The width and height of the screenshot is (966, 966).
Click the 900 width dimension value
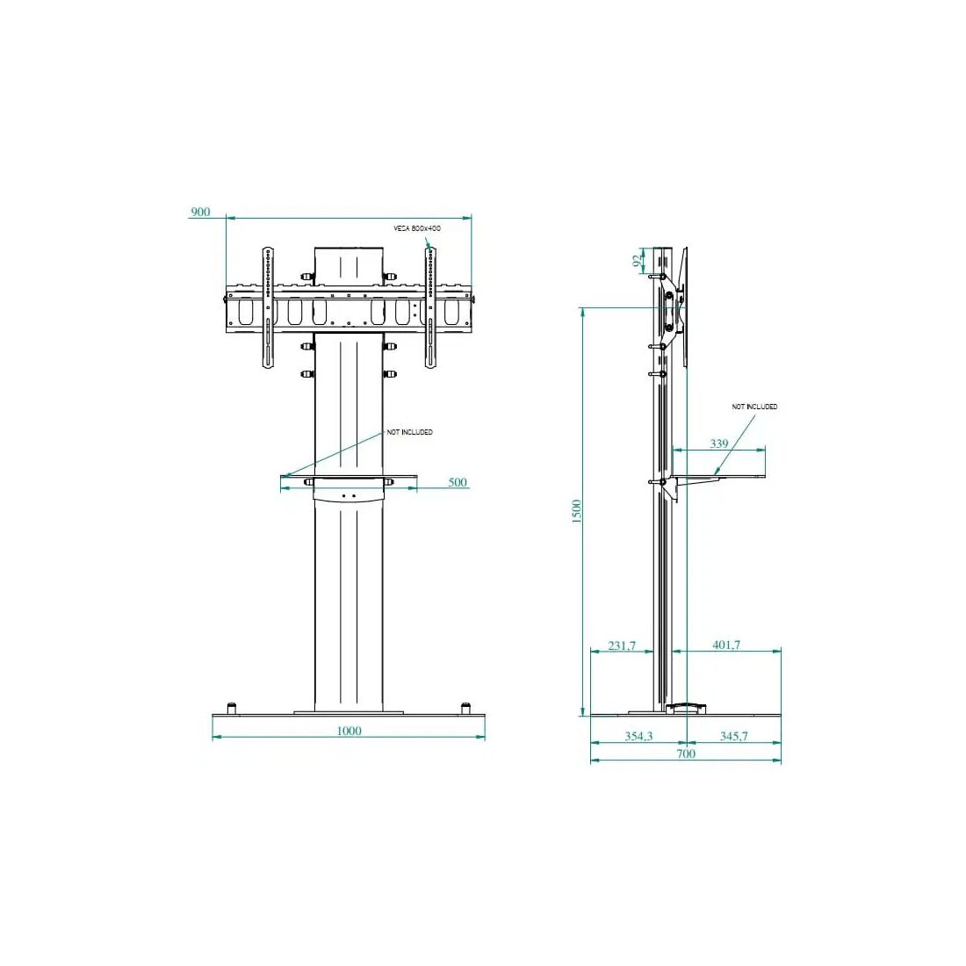[x=200, y=212]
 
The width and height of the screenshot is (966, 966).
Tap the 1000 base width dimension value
[x=349, y=731]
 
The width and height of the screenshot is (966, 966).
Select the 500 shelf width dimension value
[x=458, y=482]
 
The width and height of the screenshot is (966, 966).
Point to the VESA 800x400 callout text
[x=417, y=228]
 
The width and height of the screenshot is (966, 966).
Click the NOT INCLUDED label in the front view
[x=410, y=432]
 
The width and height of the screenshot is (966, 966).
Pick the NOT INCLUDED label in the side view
[x=754, y=407]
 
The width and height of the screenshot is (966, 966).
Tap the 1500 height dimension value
[x=577, y=512]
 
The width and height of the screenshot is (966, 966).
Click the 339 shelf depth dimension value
[x=719, y=443]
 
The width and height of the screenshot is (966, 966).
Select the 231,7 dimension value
[x=622, y=645]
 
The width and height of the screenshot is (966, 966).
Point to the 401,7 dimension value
[x=726, y=645]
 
